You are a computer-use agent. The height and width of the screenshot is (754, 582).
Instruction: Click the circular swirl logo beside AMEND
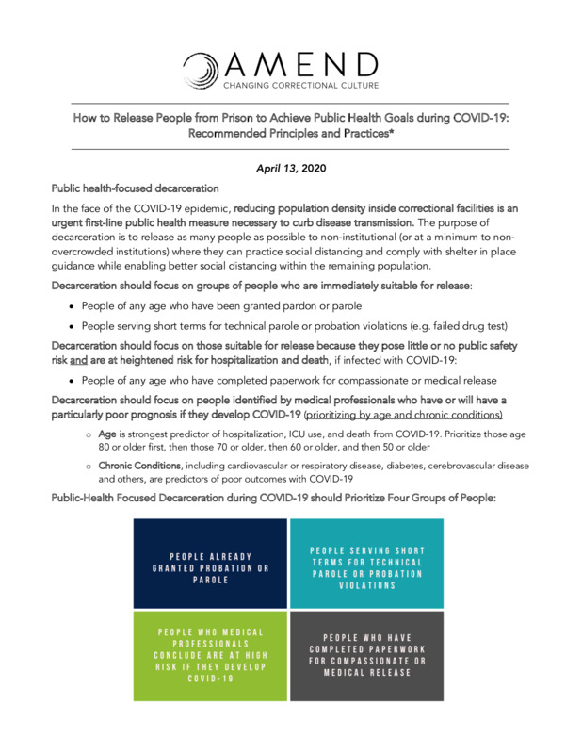tap(202, 69)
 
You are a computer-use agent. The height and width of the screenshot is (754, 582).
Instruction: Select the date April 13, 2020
tap(290, 167)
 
